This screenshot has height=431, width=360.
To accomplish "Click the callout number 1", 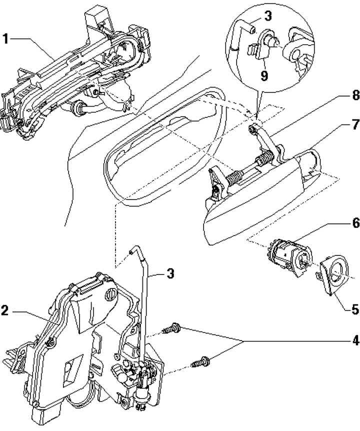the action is pyautogui.click(x=5, y=39).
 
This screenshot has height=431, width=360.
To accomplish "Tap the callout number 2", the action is pyautogui.click(x=5, y=310).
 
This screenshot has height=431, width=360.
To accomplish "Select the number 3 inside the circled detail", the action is pyautogui.click(x=268, y=16).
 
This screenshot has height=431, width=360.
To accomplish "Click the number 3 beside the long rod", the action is pyautogui.click(x=170, y=273).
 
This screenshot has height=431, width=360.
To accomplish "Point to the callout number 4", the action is pyautogui.click(x=355, y=341).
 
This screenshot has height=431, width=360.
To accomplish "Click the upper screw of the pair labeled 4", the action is pyautogui.click(x=172, y=328).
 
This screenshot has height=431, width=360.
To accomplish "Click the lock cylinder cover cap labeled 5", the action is pyautogui.click(x=332, y=275).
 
